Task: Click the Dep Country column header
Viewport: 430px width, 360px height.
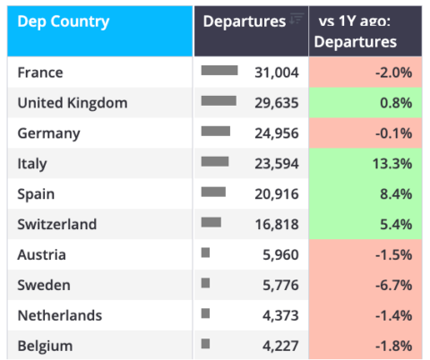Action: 64,21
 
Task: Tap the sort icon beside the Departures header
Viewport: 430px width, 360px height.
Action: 297,19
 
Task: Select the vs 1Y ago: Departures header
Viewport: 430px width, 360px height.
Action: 356,31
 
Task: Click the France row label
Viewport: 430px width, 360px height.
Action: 40,73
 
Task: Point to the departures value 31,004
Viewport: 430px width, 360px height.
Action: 277,73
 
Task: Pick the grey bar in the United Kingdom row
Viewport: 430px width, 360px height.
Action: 219,101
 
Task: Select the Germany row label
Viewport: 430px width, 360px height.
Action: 48,133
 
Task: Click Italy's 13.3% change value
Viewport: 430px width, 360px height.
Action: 392,164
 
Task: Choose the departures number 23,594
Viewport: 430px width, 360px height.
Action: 277,164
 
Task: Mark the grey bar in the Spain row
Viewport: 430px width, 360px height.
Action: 213,192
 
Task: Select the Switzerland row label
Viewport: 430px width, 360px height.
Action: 57,224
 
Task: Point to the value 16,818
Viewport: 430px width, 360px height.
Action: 277,224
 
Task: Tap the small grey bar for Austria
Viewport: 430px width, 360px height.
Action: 205,253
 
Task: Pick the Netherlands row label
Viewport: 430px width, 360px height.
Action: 60,315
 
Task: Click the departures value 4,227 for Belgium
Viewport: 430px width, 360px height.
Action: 280,346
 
